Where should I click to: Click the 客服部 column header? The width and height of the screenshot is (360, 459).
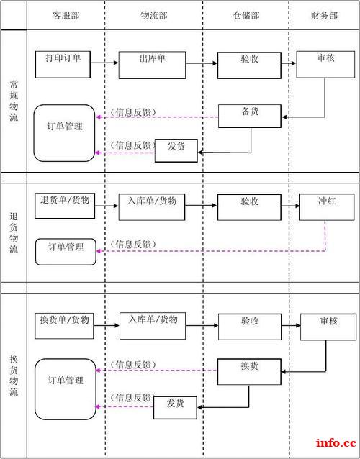click(x=66, y=15)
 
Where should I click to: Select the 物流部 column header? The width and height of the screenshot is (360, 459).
click(x=153, y=15)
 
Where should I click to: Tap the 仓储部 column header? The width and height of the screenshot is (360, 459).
click(x=246, y=15)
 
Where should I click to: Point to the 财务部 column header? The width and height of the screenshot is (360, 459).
click(x=323, y=15)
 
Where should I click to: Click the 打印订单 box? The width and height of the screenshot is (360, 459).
click(x=63, y=63)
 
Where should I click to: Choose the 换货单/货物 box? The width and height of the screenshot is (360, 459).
click(x=64, y=324)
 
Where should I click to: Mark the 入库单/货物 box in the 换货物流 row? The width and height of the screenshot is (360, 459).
click(x=153, y=324)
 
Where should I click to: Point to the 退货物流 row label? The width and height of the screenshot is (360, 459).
click(x=14, y=233)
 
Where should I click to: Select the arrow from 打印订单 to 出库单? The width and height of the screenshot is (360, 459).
click(x=104, y=63)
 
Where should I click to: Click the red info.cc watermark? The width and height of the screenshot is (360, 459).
click(x=336, y=442)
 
